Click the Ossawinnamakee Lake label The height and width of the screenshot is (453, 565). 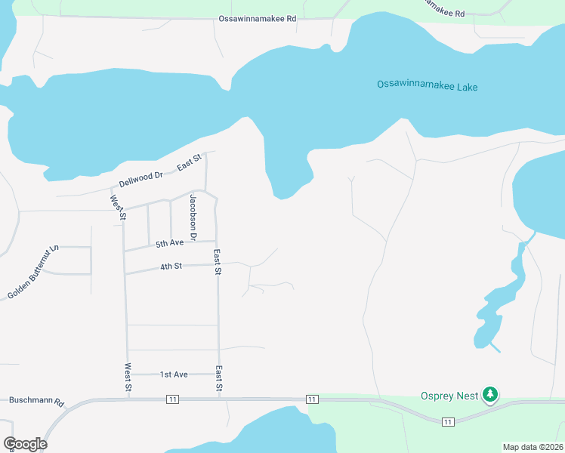[427, 86]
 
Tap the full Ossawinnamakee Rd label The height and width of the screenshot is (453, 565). [258, 19]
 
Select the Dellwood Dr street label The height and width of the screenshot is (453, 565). [141, 179]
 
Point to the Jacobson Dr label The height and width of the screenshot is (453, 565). [193, 217]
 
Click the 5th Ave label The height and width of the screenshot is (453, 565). [170, 243]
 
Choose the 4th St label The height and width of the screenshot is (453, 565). [171, 266]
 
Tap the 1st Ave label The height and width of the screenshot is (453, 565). [174, 374]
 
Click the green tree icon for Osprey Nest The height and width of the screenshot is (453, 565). [490, 394]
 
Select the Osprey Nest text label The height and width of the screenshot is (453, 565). [450, 396]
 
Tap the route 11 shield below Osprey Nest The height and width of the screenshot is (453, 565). [449, 421]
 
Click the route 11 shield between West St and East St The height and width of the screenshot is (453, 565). [174, 399]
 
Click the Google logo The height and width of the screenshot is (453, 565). [25, 444]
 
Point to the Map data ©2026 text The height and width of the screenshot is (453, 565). [533, 447]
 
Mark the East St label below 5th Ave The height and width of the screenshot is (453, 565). [217, 261]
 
